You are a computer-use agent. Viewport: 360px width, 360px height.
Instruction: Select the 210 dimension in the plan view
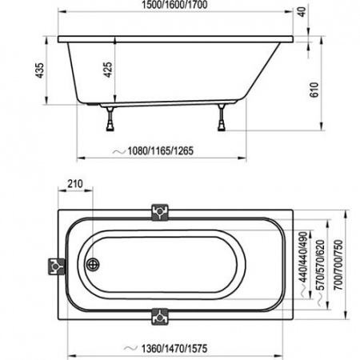(x=75, y=185)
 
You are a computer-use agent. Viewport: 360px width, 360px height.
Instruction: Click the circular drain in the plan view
(x=93, y=263)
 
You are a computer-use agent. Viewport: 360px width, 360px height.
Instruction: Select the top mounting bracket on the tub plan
(x=160, y=211)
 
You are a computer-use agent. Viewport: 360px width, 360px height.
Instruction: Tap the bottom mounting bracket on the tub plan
(x=160, y=316)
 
